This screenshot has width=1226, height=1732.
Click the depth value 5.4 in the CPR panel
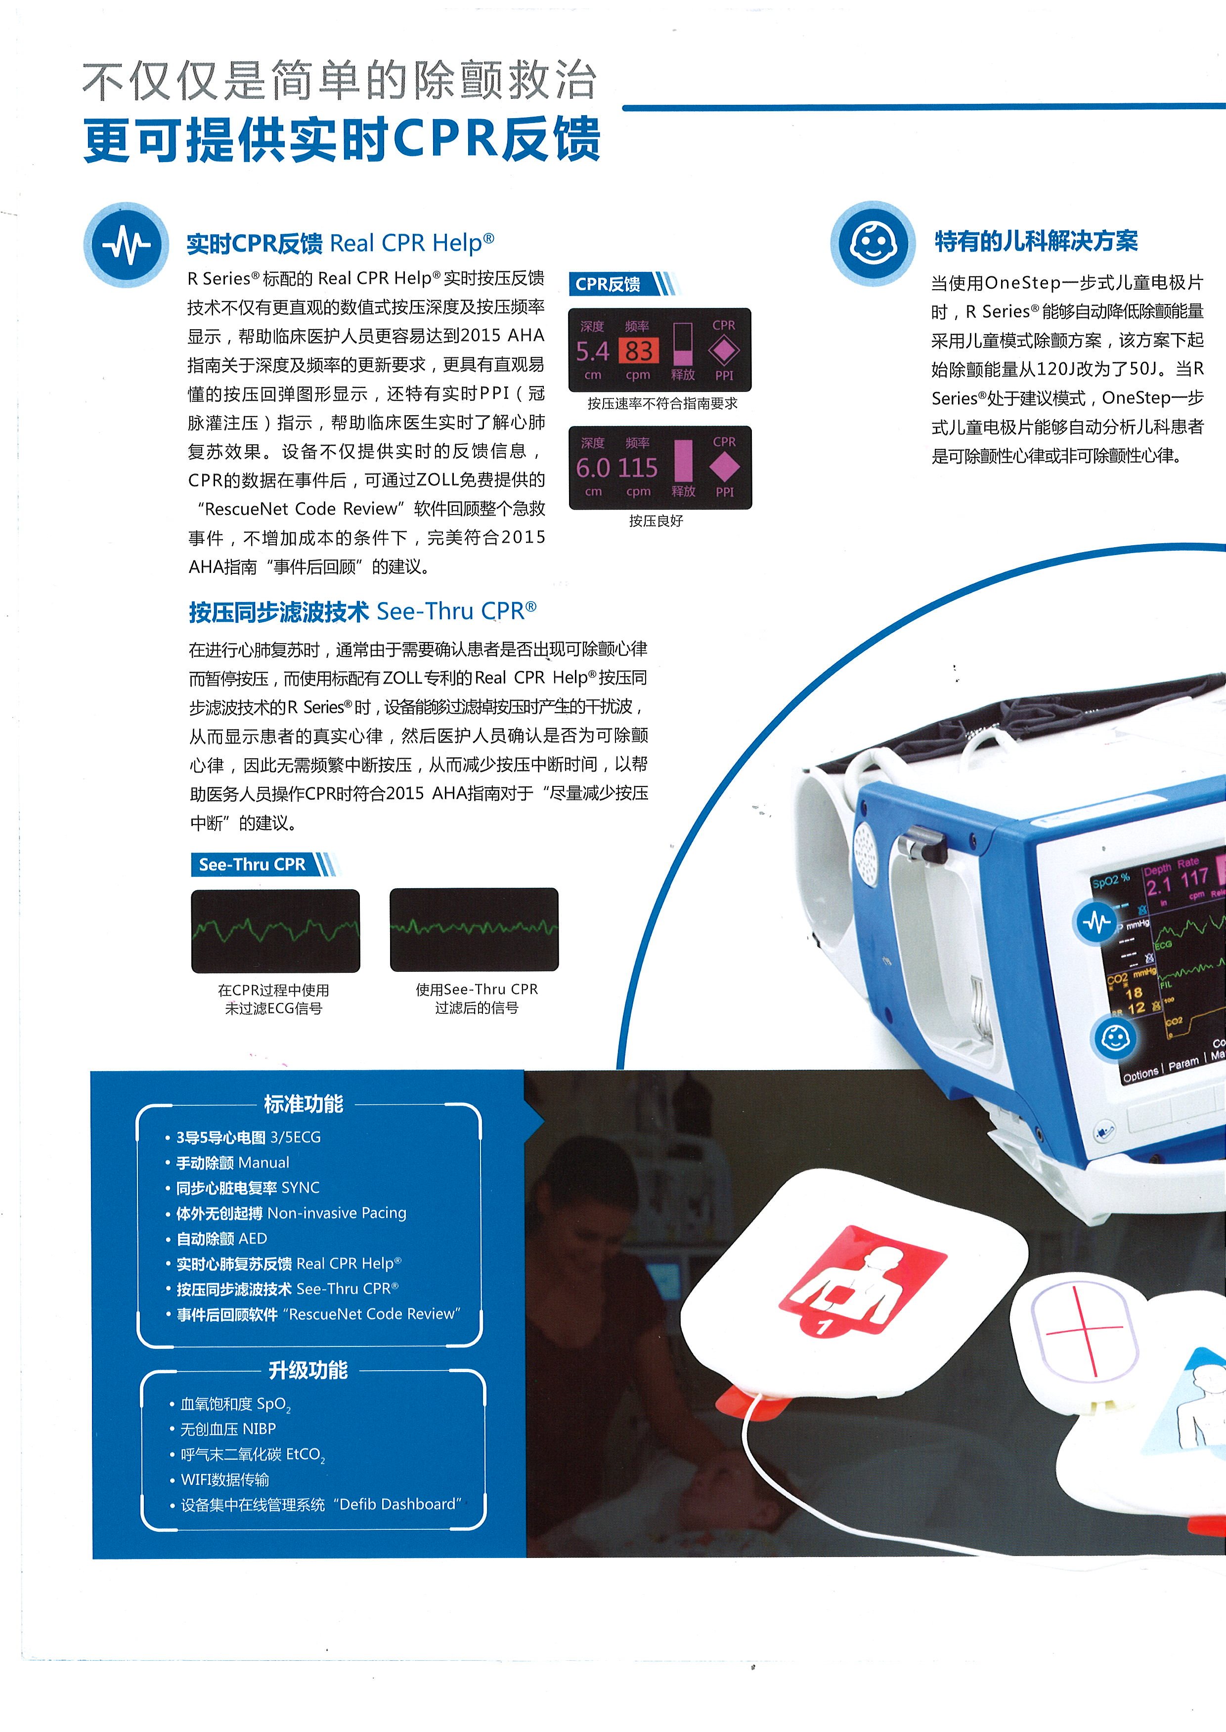click(x=593, y=351)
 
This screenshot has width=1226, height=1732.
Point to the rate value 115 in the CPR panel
click(x=638, y=468)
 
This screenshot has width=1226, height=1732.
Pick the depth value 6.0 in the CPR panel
click(x=593, y=468)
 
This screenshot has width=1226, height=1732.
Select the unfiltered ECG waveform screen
click(x=275, y=930)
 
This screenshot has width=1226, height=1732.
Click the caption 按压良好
click(x=656, y=520)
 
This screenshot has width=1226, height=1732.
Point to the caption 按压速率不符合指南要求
click(x=662, y=404)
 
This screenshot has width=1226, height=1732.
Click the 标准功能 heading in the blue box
click(x=304, y=1104)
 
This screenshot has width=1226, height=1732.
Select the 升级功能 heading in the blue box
click(x=308, y=1370)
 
